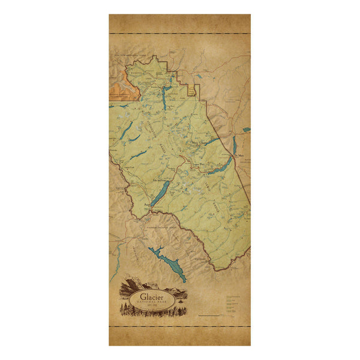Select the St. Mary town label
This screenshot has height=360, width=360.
click(x=241, y=155)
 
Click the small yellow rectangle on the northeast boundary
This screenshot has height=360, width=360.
click(x=193, y=89)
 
